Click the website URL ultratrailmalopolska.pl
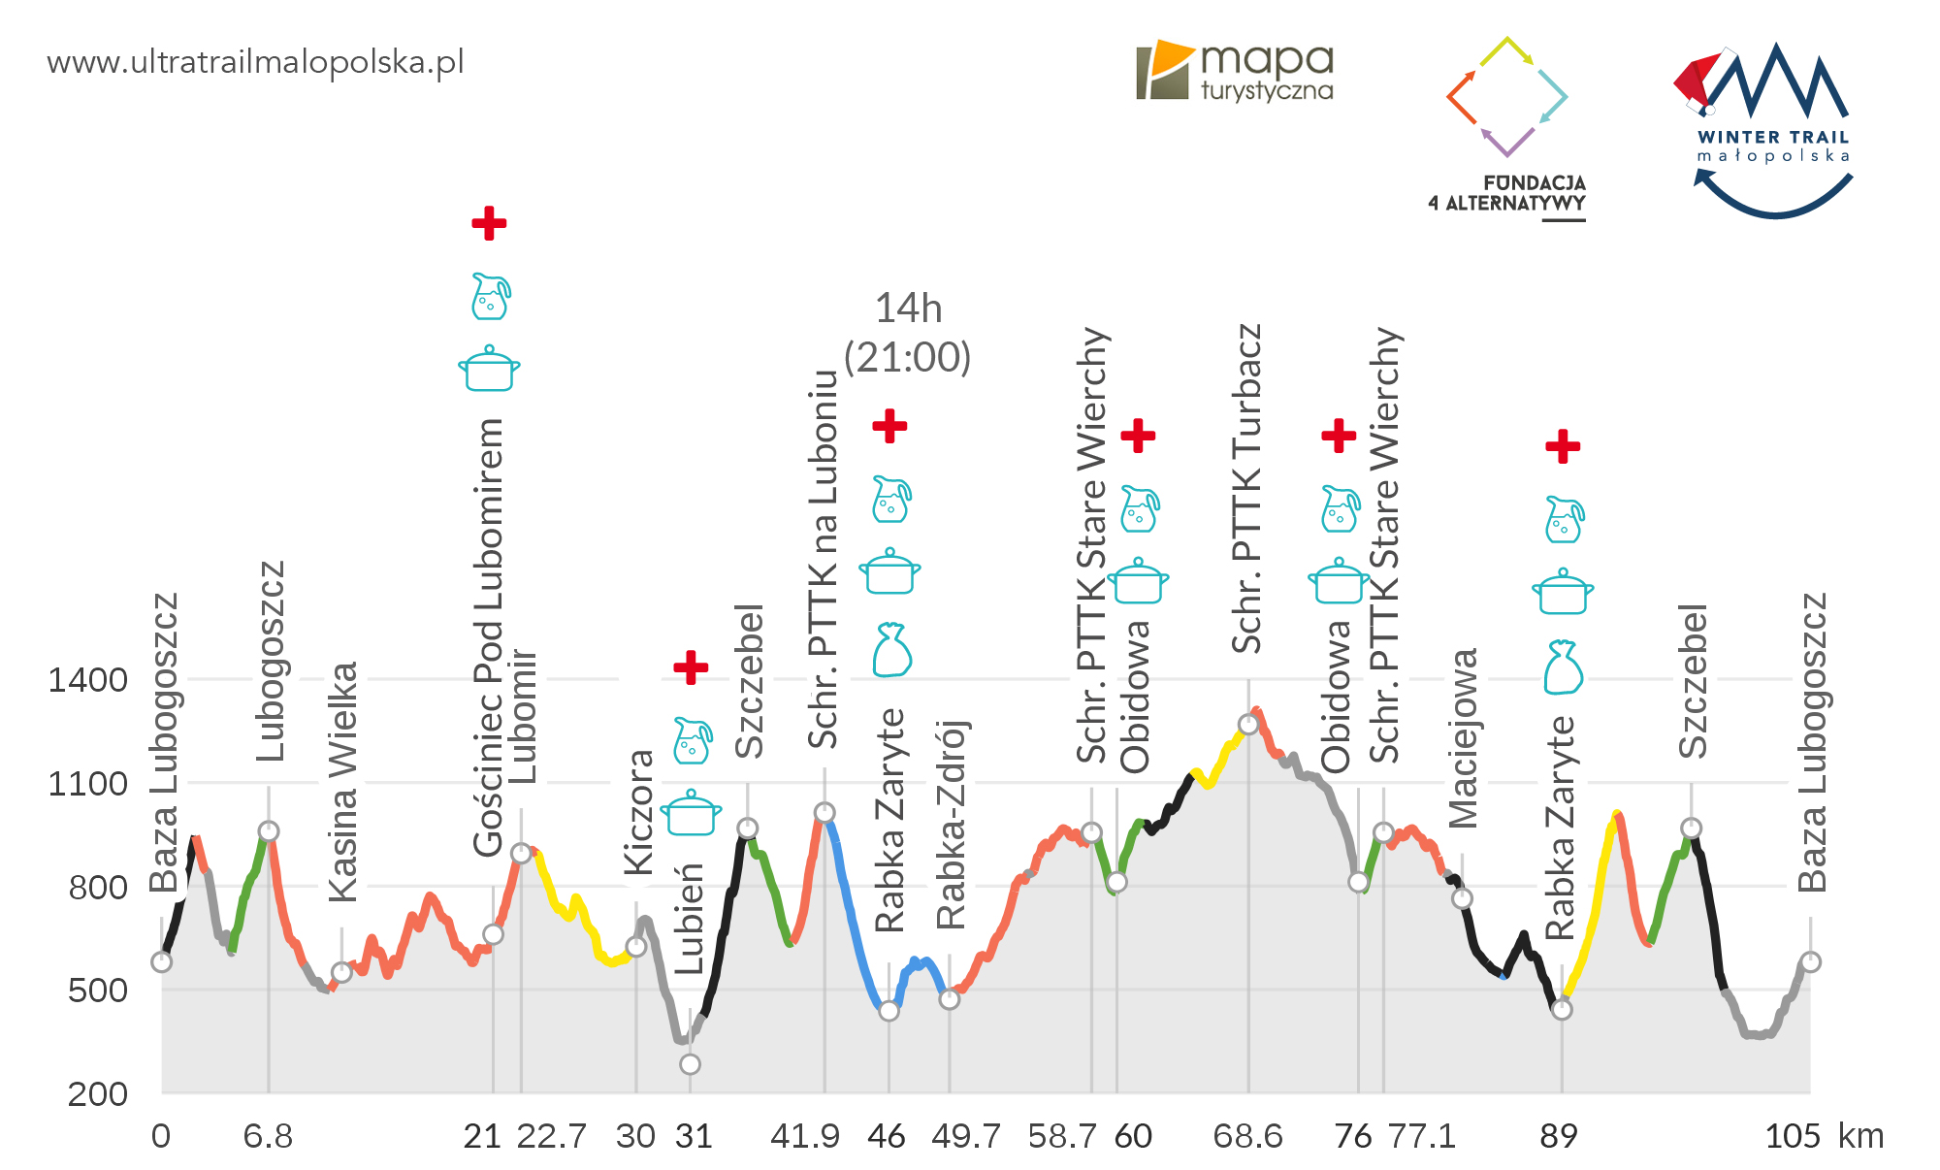255,63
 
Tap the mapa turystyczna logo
1235,72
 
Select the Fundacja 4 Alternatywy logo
1506,126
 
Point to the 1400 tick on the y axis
87,680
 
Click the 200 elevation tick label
97,1094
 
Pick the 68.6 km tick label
1247,1136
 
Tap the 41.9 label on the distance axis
804,1136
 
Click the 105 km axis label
1793,1136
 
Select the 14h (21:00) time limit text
908,333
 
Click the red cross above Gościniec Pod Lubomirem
489,223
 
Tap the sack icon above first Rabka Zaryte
890,649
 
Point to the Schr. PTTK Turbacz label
1246,488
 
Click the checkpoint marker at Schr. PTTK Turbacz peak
1248,725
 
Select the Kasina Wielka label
343,782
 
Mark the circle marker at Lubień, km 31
690,1064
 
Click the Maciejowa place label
1463,738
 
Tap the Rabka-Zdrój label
951,825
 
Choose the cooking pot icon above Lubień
691,812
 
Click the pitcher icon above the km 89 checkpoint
1564,520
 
